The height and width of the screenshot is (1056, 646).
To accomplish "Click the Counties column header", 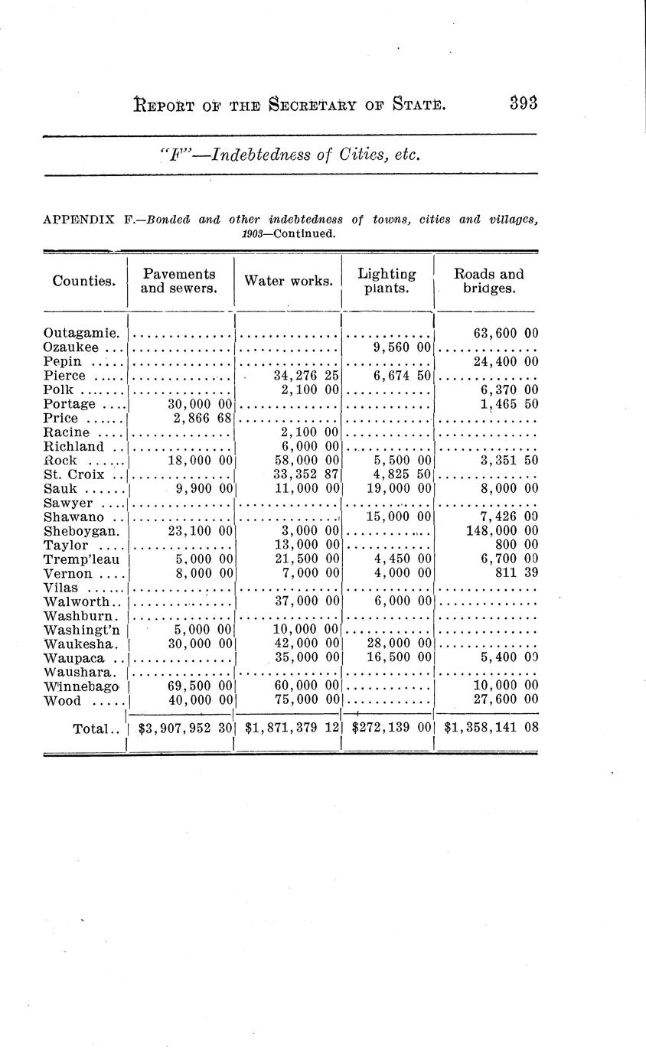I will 84,281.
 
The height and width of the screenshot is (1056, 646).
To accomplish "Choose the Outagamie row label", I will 81,334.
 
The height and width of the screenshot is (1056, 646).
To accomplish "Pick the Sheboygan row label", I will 81,531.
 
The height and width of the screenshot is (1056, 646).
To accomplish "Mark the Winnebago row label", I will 82,686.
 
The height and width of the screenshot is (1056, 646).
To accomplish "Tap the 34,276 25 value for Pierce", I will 306,376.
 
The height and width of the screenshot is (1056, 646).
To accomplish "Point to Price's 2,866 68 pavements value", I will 200,419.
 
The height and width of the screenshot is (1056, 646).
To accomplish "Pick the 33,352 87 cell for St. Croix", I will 306,475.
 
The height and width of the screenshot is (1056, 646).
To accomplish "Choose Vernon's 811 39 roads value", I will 517,573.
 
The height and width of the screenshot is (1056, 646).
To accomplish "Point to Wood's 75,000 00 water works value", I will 306,700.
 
